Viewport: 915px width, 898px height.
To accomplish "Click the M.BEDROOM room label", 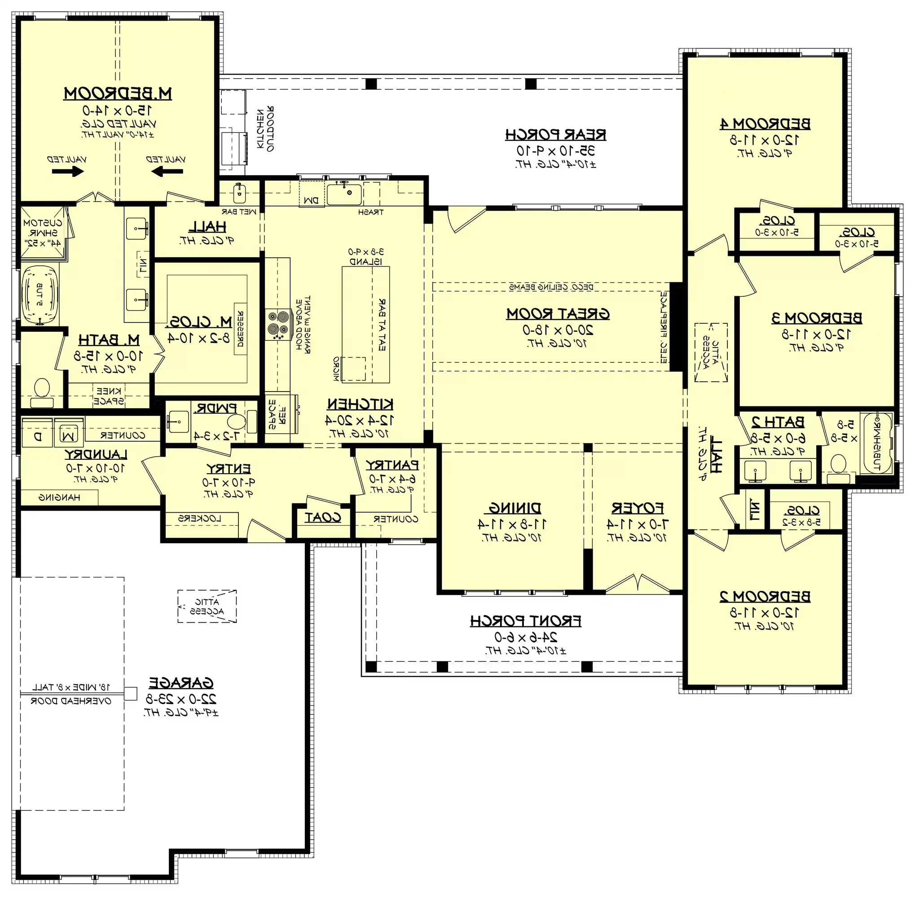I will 118,93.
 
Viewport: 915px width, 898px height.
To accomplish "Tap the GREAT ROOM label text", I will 558,314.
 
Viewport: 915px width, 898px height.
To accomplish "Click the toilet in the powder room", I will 236,421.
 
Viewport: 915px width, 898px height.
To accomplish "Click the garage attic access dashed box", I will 207,607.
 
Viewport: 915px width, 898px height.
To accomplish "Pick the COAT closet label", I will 323,517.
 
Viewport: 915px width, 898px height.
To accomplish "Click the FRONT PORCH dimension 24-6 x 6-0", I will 526,637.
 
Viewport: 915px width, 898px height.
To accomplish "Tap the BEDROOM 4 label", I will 765,124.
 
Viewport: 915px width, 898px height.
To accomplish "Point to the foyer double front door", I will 637,583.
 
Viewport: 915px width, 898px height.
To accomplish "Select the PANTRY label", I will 392,465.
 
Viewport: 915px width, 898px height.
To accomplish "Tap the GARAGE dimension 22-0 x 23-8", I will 181,698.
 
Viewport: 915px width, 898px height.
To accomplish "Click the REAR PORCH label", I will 556,135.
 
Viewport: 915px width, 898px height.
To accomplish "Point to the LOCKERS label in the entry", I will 199,519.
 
